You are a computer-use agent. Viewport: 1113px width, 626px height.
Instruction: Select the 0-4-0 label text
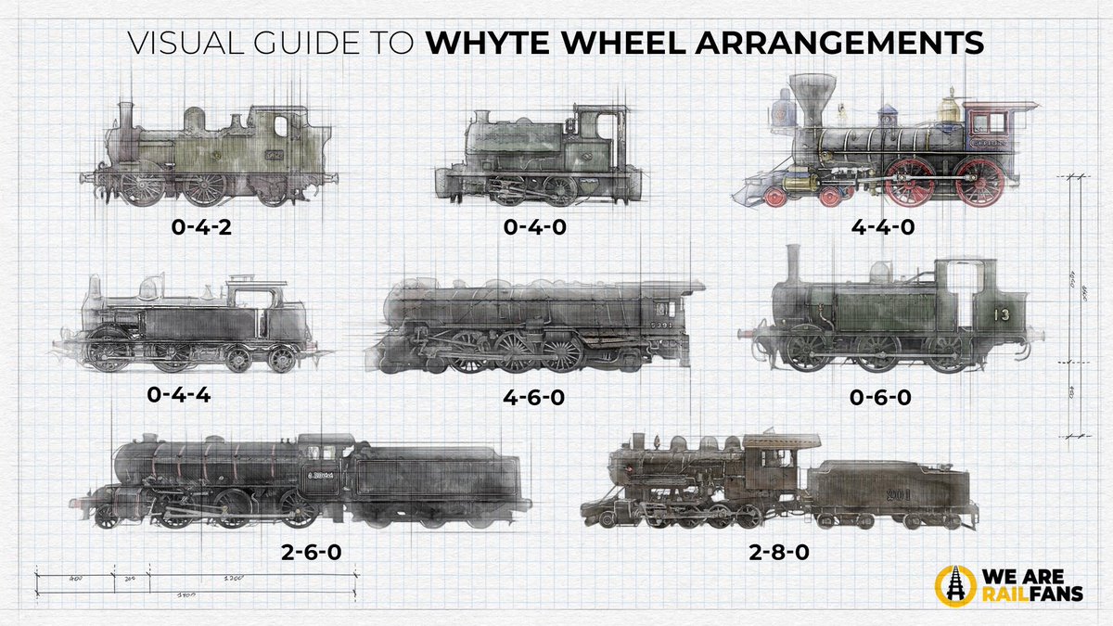point(547,226)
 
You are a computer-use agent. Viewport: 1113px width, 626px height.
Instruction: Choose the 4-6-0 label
point(533,397)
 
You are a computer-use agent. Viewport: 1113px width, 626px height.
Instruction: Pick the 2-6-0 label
point(311,553)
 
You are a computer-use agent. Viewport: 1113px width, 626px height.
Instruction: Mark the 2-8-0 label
point(778,553)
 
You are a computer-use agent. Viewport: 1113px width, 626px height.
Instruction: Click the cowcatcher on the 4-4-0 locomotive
point(753,193)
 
